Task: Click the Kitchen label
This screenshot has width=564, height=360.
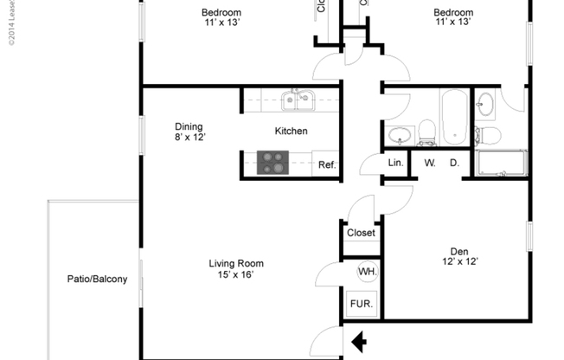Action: (292, 132)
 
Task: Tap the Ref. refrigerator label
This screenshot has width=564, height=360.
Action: (326, 164)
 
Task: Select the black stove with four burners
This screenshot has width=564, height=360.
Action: (274, 163)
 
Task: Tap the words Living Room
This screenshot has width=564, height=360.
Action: (236, 264)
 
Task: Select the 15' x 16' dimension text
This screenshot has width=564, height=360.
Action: (236, 275)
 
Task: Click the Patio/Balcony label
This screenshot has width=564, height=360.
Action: (98, 279)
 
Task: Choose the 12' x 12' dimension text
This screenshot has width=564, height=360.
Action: (459, 261)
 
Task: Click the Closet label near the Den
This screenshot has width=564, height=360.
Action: (361, 233)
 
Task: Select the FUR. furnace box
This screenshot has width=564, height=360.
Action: (361, 305)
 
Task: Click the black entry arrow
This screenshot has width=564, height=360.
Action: (357, 344)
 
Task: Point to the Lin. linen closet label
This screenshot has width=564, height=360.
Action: (395, 163)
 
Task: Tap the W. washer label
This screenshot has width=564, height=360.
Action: (429, 163)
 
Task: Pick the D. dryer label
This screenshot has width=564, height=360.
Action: (453, 163)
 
